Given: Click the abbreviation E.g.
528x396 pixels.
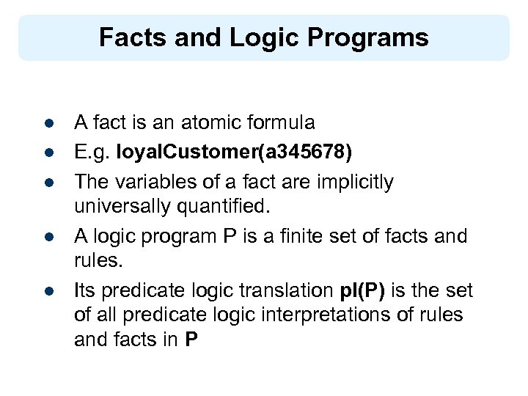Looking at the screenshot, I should [91, 152].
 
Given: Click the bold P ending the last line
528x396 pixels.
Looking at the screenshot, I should [192, 340].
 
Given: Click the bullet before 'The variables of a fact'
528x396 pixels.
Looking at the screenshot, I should [46, 182].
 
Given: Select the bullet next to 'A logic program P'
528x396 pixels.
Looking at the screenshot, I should [46, 237].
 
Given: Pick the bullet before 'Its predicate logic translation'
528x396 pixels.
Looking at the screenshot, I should [46, 291].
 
